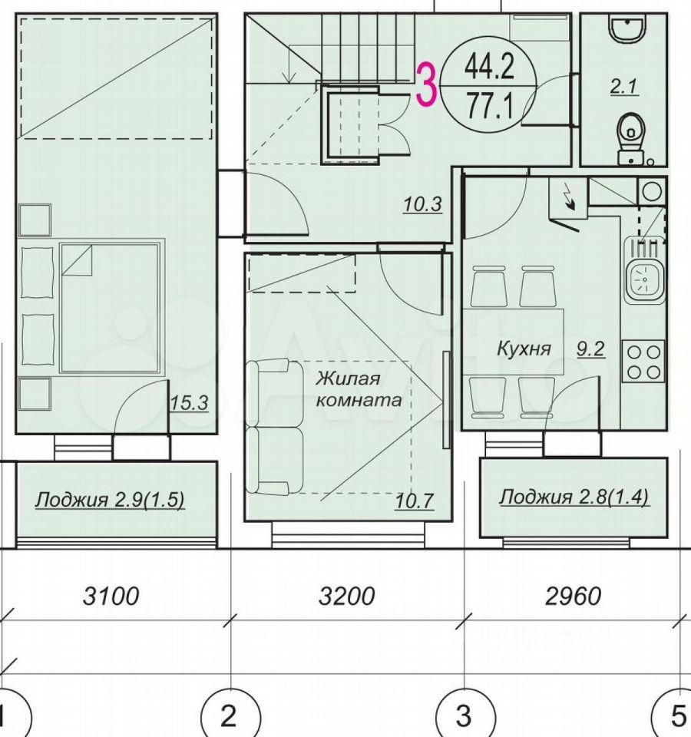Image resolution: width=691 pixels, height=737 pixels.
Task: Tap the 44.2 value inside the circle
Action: coord(489,66)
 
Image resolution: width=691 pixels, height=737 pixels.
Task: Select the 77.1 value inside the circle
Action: coord(489,106)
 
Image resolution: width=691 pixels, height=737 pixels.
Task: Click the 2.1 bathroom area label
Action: coord(623,88)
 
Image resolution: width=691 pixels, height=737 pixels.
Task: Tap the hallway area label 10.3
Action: coord(422,204)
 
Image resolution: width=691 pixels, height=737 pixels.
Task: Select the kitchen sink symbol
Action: coord(644,277)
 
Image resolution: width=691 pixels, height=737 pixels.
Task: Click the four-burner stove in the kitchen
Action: coord(643,362)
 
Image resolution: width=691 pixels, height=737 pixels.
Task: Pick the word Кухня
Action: coord(524,349)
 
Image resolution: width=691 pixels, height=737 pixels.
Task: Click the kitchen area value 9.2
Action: coord(590,349)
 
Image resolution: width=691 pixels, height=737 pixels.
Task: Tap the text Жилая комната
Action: coord(359,388)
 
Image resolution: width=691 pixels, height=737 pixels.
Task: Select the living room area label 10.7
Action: coord(414,501)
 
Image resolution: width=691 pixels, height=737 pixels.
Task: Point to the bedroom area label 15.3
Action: coord(189,403)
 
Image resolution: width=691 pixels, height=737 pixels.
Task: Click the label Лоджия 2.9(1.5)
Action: coord(110,500)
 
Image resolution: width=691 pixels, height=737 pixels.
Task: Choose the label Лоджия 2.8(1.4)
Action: coord(574,497)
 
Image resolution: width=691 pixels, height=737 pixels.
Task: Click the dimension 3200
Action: coord(346,596)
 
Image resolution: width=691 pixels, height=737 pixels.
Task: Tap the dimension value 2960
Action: coord(573,596)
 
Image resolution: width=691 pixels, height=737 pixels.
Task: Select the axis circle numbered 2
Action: coord(230,716)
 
